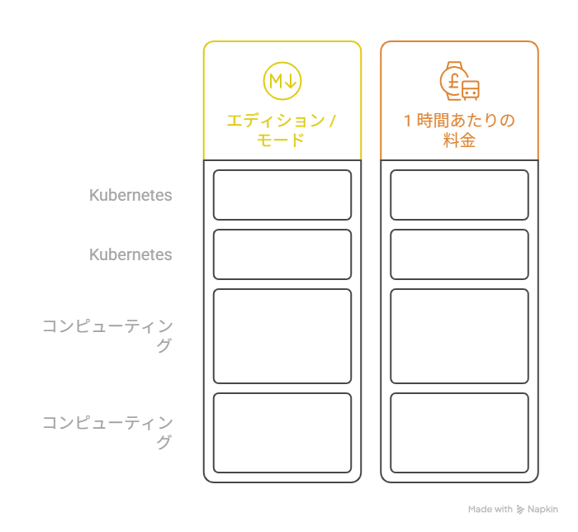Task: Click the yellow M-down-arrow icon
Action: tap(282, 81)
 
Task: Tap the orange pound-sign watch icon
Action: tap(459, 81)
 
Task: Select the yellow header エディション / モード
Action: tap(282, 131)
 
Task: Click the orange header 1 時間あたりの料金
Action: tap(459, 131)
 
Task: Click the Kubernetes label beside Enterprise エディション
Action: tap(130, 196)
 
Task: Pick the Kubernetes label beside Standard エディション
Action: tap(130, 255)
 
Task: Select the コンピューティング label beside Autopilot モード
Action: tap(107, 336)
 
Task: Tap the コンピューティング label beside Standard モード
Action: tap(107, 433)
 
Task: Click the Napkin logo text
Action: tap(543, 510)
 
